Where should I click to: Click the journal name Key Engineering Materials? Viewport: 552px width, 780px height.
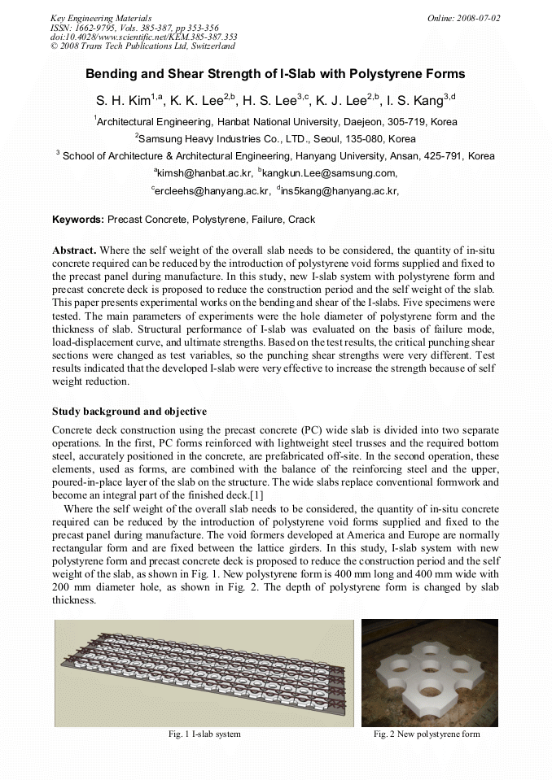(101, 18)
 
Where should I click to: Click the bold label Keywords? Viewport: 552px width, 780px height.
(78, 220)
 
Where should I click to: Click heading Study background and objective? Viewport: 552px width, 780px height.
(129, 412)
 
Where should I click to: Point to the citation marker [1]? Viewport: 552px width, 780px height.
(256, 495)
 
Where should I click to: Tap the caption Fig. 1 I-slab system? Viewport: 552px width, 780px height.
(204, 734)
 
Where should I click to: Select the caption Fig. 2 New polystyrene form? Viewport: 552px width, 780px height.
(427, 734)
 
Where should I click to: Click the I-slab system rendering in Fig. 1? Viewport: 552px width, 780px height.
(204, 673)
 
